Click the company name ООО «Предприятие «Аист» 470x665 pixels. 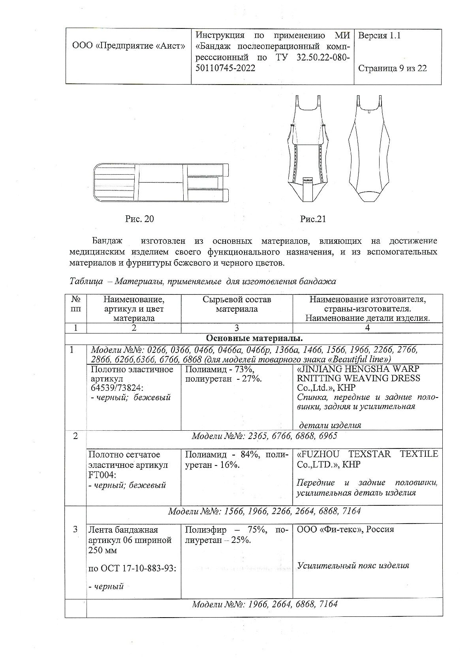pos(129,46)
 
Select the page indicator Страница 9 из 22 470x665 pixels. pos(392,68)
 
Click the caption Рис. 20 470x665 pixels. pos(139,219)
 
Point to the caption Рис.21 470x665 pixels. pos(313,219)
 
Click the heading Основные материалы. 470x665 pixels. pos(254,339)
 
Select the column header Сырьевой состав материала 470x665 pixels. pos(237,304)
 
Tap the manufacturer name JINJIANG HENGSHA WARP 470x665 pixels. pos(358,369)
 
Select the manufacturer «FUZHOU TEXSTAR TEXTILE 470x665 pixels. pos(367,454)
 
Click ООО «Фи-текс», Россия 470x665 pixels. pos(345,529)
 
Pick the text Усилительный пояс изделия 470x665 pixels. pos(353,565)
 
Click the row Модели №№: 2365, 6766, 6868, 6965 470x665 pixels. pos(264,436)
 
